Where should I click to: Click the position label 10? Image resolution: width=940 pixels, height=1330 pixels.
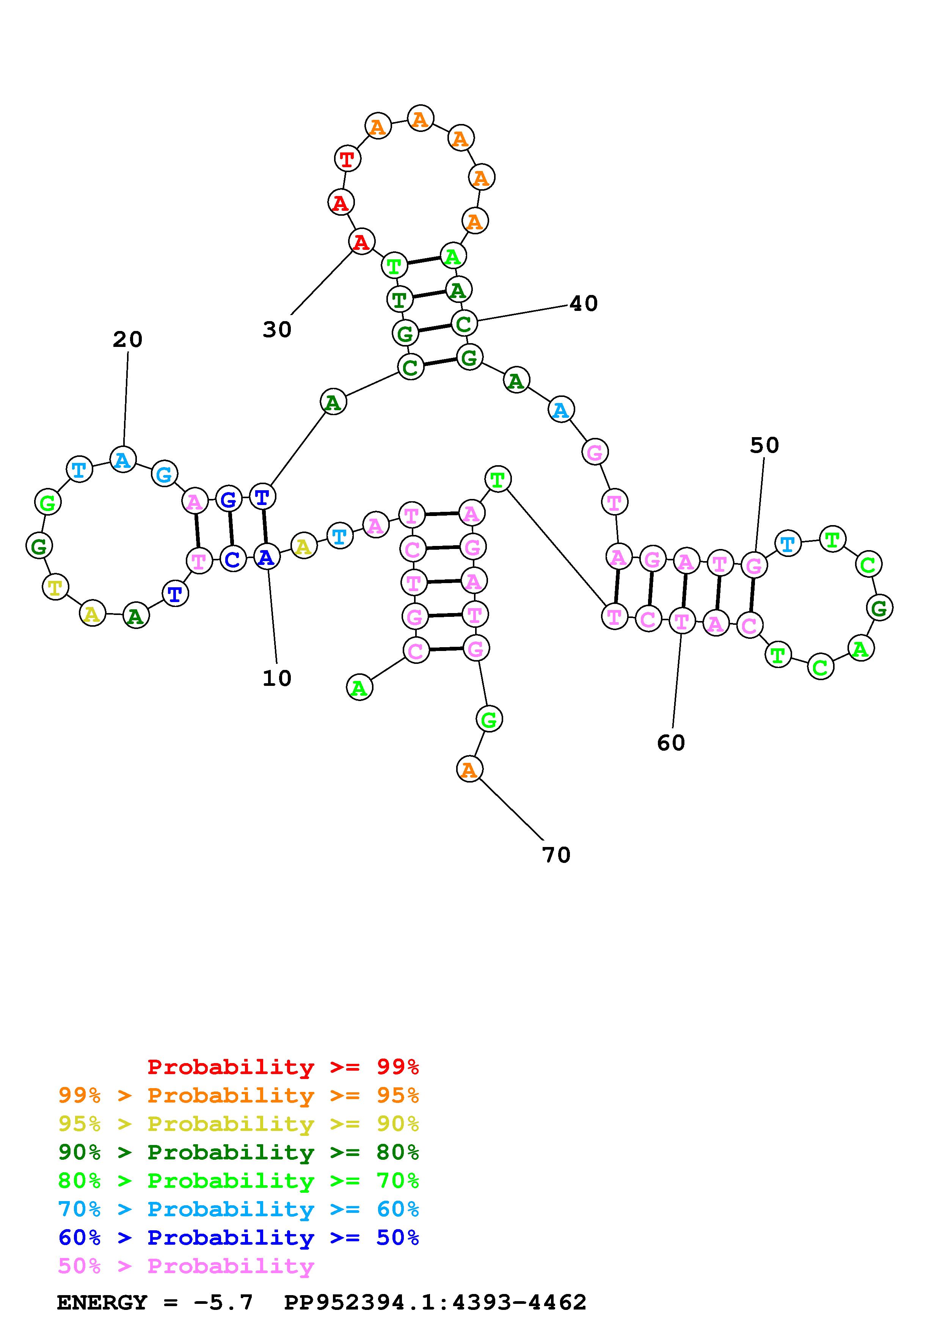(277, 678)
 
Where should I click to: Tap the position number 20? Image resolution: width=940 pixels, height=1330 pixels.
(127, 339)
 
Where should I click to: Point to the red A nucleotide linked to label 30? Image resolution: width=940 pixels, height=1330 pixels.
(361, 242)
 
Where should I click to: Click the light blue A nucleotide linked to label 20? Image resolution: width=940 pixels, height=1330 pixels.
(123, 460)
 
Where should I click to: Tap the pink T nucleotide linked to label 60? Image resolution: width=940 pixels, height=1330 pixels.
(682, 621)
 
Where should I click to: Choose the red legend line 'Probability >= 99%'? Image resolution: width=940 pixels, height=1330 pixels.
(283, 1067)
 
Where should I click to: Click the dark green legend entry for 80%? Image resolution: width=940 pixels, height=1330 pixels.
(239, 1152)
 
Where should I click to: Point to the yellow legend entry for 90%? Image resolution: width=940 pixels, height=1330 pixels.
(239, 1124)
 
